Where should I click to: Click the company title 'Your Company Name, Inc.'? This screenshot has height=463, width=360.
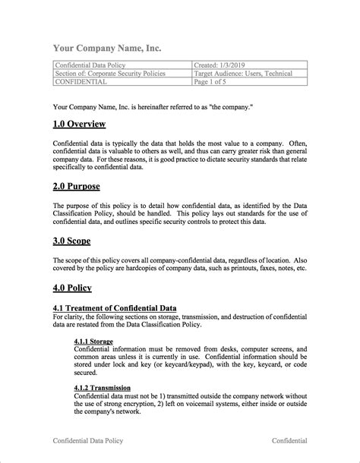click(x=106, y=49)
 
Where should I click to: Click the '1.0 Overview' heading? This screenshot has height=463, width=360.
click(x=80, y=124)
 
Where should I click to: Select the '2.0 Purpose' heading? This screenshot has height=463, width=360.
click(x=77, y=185)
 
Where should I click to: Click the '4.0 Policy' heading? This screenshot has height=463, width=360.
click(x=73, y=288)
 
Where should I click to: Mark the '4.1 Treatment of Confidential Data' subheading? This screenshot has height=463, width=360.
click(x=115, y=307)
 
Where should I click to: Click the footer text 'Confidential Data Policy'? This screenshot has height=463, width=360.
click(x=87, y=440)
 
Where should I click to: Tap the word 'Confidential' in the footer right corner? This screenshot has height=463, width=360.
click(x=289, y=440)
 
